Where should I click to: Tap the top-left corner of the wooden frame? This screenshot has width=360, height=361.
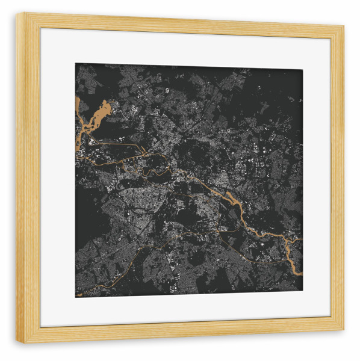[x=17, y=14]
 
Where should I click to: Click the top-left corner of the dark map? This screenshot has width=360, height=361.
[x=76, y=64]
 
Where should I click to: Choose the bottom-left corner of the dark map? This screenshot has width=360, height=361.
[x=76, y=297]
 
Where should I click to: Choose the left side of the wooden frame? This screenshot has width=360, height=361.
[x=28, y=180]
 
